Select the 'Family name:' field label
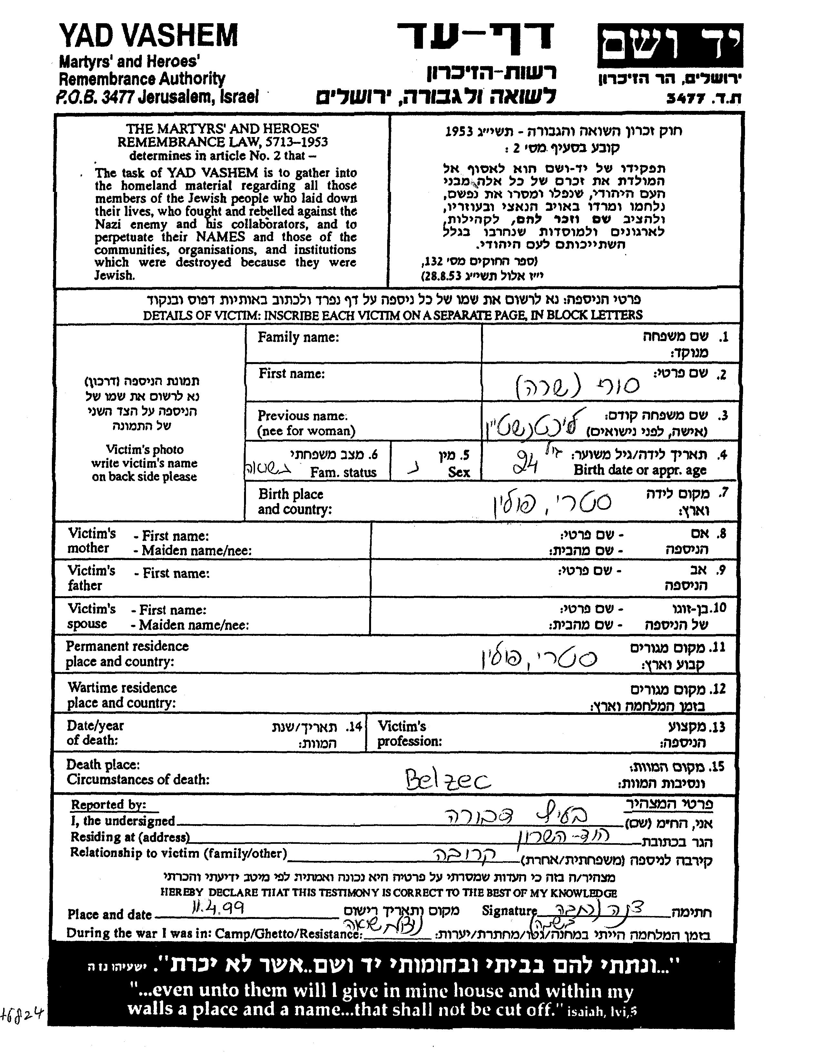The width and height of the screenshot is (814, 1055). coord(298,337)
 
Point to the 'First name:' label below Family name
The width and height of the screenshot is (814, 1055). coord(291,373)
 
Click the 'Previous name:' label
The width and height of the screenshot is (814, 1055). coord(302,415)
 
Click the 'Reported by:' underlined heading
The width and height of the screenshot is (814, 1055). coord(108,804)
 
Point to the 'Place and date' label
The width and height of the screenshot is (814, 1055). coord(109,914)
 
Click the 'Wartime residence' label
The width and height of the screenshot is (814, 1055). coord(122,687)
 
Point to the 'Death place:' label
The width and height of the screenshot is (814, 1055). coord(103,765)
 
